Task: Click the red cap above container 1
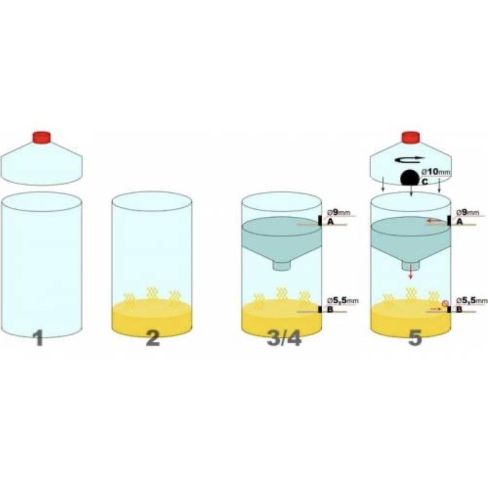(x=42, y=137)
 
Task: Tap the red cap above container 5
(x=411, y=137)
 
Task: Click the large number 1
(x=39, y=338)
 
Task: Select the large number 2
(x=153, y=338)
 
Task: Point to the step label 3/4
(x=284, y=338)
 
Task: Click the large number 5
(x=415, y=338)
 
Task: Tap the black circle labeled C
(x=410, y=178)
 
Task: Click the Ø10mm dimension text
(x=436, y=172)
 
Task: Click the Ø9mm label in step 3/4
(x=338, y=213)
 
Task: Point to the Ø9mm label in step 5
(x=468, y=213)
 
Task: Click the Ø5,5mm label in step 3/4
(x=342, y=301)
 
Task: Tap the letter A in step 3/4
(x=330, y=222)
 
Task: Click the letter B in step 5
(x=459, y=310)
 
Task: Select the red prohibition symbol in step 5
(x=445, y=303)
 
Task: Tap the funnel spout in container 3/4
(x=281, y=266)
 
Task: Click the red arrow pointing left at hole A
(x=435, y=221)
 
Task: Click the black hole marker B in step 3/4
(x=320, y=310)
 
